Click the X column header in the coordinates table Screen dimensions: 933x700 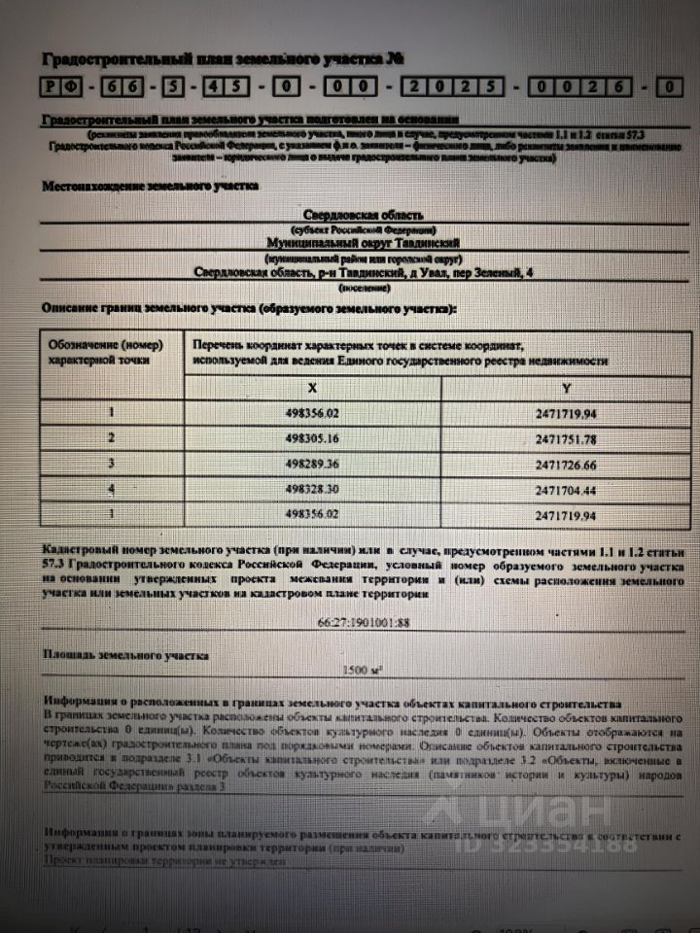coord(312,387)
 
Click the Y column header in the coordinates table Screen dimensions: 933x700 coord(566,387)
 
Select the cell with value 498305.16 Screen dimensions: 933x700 coord(312,438)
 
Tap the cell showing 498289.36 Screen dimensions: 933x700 coord(312,464)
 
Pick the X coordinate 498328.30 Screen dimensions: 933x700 coord(312,490)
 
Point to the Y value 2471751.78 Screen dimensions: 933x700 coord(566,438)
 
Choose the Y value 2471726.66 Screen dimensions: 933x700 coord(566,464)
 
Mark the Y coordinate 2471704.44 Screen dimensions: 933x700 coord(566,490)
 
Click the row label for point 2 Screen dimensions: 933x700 coord(112,438)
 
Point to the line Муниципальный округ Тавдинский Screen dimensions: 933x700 coord(363,242)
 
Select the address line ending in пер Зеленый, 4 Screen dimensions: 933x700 coord(363,274)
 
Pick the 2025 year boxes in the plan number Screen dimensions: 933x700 coord(455,86)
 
